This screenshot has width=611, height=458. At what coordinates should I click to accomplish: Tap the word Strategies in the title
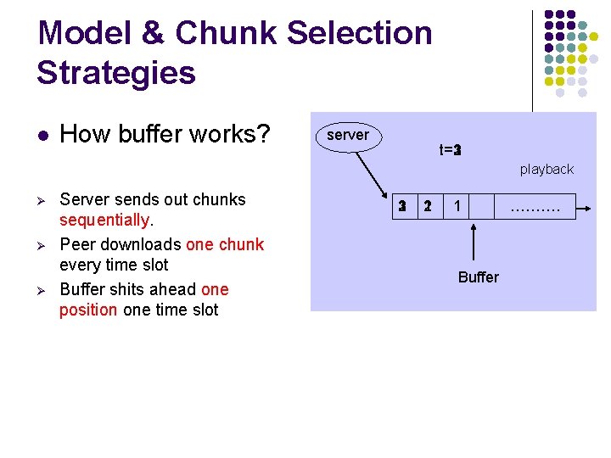point(116,73)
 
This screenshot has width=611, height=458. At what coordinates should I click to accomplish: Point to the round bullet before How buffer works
point(42,136)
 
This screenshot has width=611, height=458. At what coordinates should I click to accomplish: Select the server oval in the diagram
point(348,136)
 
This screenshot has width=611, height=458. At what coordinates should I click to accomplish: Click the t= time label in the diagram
point(450,150)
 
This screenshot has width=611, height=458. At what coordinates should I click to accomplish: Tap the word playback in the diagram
point(547,170)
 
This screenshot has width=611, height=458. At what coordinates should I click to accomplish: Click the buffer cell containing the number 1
point(457,206)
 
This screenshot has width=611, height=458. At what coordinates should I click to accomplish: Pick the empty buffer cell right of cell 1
point(481,206)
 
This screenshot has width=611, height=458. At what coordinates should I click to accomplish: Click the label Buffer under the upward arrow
point(479,277)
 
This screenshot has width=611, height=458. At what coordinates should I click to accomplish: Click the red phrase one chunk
point(225,244)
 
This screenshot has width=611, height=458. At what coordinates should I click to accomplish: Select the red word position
point(88,310)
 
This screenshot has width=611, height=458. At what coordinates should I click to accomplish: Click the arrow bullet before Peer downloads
point(42,245)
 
